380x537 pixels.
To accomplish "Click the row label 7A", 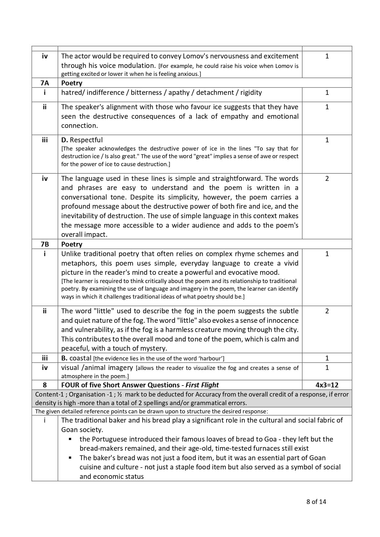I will (x=45, y=83).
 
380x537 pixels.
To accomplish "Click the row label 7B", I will (x=45, y=244).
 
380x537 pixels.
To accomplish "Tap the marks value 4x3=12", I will (x=327, y=385).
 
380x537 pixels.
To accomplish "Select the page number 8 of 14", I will (x=316, y=502).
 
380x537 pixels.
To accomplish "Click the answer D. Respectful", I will (x=82, y=140).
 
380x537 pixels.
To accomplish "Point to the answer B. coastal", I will (x=76, y=358).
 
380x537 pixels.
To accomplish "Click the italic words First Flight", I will (x=202, y=385).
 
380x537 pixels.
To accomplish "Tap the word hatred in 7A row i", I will (x=71, y=93).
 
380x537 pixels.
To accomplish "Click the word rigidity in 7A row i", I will (x=251, y=93).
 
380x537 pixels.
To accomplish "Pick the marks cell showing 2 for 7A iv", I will (x=327, y=178).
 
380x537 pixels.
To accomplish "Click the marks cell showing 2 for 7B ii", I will (x=327, y=311).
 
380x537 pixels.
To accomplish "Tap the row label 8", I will (x=45, y=385).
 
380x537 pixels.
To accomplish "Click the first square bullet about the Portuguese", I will (x=70, y=439).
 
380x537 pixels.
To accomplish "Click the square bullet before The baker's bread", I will (x=70, y=458).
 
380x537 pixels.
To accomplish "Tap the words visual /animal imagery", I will (x=97, y=367).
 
